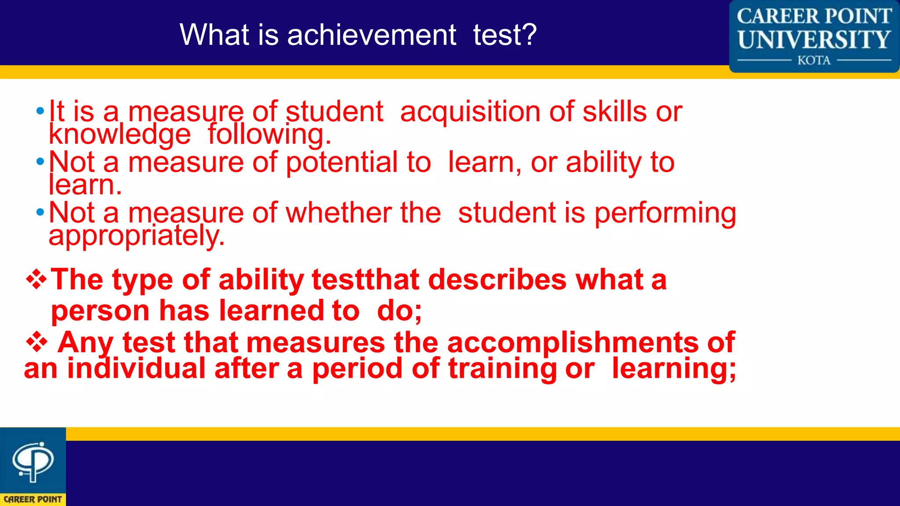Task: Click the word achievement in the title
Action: click(371, 35)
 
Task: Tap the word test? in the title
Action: click(504, 35)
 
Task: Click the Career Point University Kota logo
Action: click(814, 36)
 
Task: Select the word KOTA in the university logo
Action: click(814, 60)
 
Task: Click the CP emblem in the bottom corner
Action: click(33, 461)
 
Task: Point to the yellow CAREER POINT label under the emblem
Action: click(33, 499)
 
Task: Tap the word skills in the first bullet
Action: click(614, 112)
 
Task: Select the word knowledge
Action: click(120, 134)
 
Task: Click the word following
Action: click(269, 134)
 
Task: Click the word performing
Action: click(665, 213)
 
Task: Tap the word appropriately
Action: click(136, 236)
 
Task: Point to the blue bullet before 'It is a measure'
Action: click(40, 111)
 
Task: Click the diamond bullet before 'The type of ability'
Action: click(36, 280)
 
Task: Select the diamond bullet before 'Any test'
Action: click(37, 342)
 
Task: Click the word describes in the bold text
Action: click(497, 280)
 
